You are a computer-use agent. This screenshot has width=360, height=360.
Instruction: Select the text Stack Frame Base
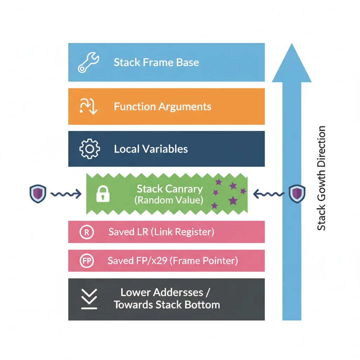156,63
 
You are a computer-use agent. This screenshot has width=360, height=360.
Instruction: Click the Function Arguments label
162,107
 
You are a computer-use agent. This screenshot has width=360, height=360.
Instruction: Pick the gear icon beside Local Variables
90,149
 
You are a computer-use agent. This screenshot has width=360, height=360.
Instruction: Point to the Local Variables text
151,149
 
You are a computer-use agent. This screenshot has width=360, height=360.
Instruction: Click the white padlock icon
103,194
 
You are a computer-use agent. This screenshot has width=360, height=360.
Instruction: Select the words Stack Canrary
169,189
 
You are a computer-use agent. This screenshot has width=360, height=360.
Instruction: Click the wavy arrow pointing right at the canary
66,194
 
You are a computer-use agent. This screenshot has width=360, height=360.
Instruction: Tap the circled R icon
86,232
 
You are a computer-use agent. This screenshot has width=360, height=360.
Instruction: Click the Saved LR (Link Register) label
161,232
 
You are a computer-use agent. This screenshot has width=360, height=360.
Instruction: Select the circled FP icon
86,261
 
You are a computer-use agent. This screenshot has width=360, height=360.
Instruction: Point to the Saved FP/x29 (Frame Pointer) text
173,261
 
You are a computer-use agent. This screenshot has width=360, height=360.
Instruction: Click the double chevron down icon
89,299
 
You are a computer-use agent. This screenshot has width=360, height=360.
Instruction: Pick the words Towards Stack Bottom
167,304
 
